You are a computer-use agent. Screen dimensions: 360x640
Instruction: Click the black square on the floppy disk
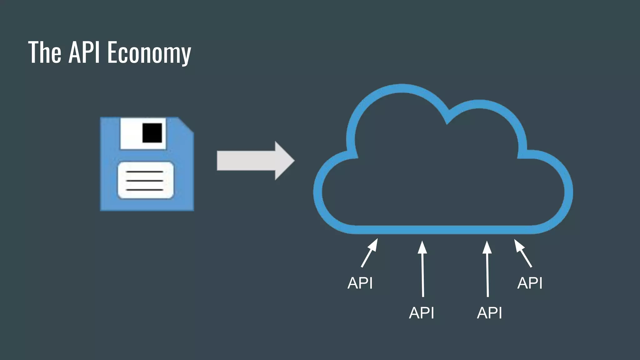(152, 133)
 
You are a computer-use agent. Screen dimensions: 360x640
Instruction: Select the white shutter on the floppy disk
(131, 134)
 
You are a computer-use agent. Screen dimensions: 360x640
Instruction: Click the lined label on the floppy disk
(145, 180)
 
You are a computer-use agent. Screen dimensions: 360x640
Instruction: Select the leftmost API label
(360, 283)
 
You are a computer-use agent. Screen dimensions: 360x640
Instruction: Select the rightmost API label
(530, 283)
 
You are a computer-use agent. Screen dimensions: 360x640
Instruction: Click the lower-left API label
(422, 313)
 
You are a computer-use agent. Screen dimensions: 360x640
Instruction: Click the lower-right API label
(489, 313)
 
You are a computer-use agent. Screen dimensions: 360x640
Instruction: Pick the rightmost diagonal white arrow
(523, 253)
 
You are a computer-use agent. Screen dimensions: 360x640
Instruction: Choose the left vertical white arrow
(422, 269)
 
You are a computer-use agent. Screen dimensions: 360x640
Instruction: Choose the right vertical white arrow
(487, 269)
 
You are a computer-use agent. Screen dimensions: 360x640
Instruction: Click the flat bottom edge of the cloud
(437, 230)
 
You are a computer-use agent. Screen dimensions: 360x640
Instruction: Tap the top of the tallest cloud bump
(402, 88)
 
